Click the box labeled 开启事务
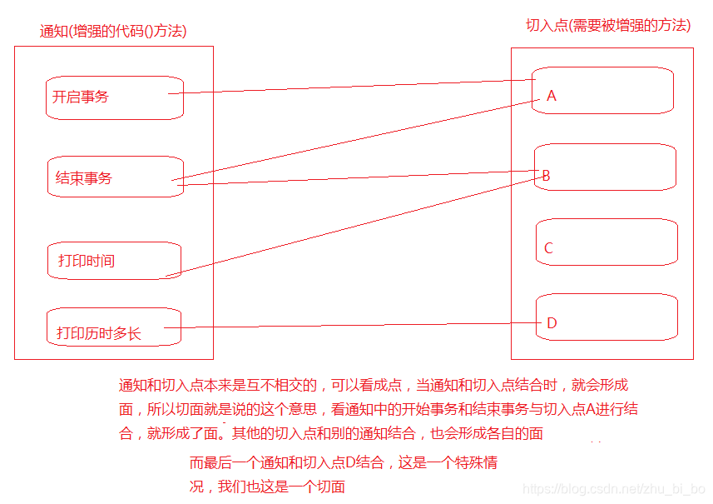pos(114,97)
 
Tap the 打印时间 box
pos(114,261)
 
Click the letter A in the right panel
pos(551,96)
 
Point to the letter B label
pos(546,176)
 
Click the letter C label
pos(548,248)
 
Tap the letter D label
pos(552,323)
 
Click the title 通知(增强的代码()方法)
pos(113,32)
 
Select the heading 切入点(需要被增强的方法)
pos(608,25)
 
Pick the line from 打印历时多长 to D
pos(349,326)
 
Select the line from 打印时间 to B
pos(349,225)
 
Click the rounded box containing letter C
pos(607,242)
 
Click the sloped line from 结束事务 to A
pos(358,140)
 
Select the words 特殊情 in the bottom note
pos(476,463)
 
